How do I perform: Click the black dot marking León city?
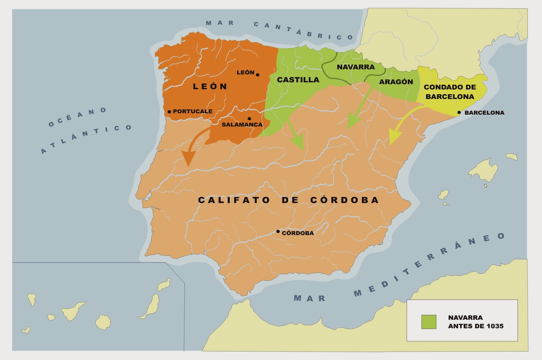pos(258,75)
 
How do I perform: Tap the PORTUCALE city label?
pos(192,111)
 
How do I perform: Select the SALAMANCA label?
pos(242,124)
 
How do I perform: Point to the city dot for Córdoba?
pos(278,232)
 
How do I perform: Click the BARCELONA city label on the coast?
pos(484,113)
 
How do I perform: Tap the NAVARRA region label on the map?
pos(356,67)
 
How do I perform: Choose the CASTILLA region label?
pos(298,80)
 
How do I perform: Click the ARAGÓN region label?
pos(396,82)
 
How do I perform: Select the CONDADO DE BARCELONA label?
pos(450,92)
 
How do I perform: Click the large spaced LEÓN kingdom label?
pos(210,86)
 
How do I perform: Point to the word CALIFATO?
pos(234,200)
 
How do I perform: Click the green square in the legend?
pos(429,322)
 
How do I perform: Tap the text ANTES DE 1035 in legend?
pos(476,326)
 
